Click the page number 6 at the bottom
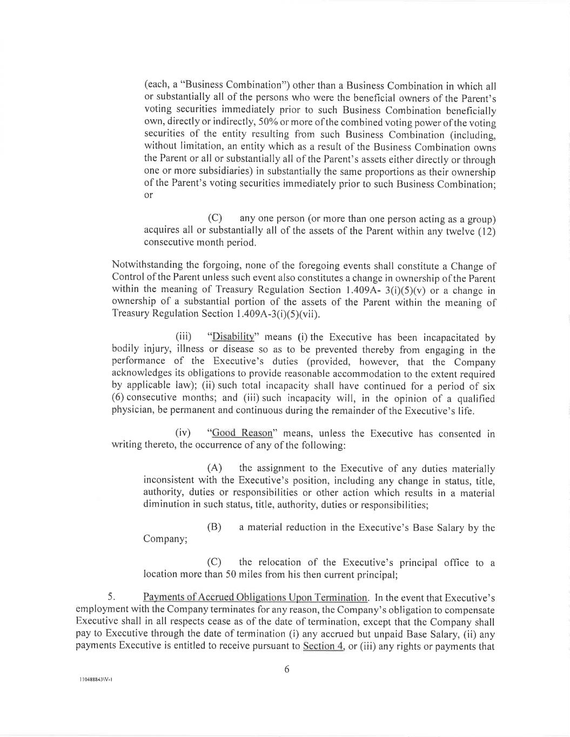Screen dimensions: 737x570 pyautogui.click(x=286, y=670)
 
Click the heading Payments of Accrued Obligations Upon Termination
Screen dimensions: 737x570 pyautogui.click(x=255, y=598)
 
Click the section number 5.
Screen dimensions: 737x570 pyautogui.click(x=111, y=597)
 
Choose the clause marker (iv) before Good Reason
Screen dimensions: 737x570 pyautogui.click(x=183, y=434)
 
